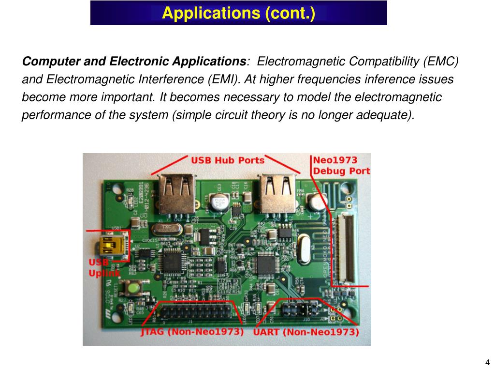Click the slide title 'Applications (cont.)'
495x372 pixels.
point(238,13)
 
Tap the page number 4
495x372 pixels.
point(487,362)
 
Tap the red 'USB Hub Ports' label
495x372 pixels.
point(228,160)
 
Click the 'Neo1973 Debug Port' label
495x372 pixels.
point(341,165)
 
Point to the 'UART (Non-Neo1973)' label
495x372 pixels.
point(306,332)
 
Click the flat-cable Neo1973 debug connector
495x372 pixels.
point(344,248)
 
